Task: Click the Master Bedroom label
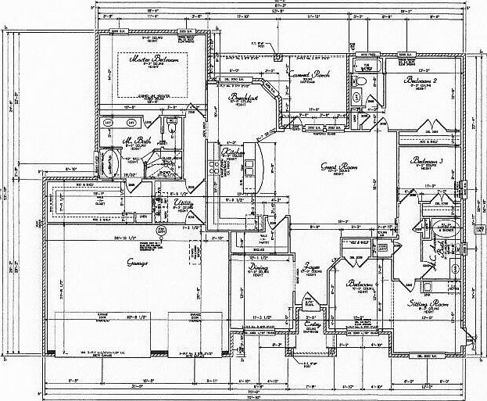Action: pyautogui.click(x=156, y=59)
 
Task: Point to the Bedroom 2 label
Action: pyautogui.click(x=421, y=81)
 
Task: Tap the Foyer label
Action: pyautogui.click(x=314, y=265)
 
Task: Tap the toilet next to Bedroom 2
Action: pyautogui.click(x=363, y=81)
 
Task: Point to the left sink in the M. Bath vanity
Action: pyautogui.click(x=110, y=124)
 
